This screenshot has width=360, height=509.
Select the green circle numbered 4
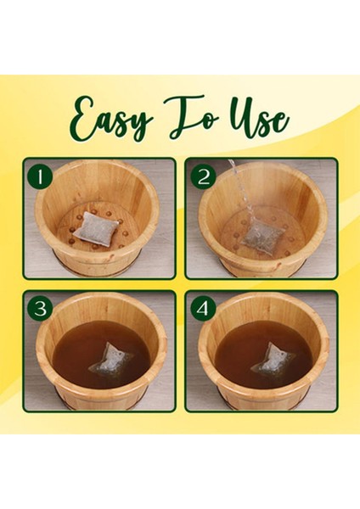[x=202, y=307]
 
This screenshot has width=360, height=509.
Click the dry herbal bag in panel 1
[x=95, y=227]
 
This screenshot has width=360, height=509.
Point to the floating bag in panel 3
[x=110, y=360]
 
